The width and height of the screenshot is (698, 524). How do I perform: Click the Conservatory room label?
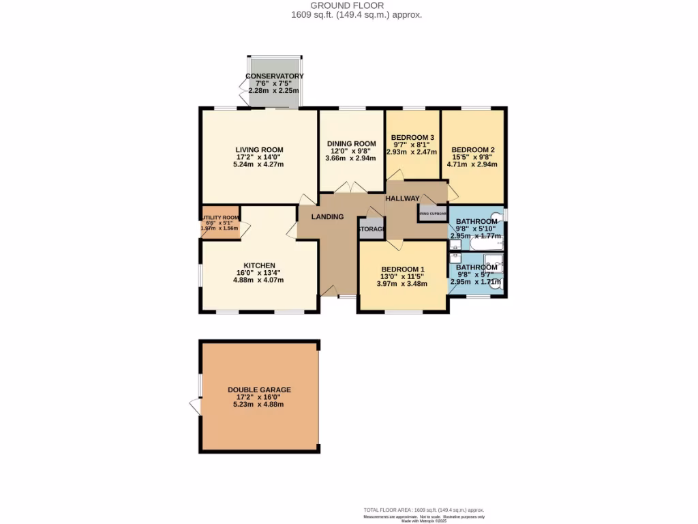(274, 76)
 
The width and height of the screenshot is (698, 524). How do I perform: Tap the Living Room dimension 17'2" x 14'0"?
(259, 157)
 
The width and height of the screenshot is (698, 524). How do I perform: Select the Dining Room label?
(351, 143)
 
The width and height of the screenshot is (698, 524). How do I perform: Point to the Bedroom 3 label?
(412, 137)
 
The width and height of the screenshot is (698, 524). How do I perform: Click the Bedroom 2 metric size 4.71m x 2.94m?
(472, 164)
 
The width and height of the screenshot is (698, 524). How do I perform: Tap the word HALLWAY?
(402, 198)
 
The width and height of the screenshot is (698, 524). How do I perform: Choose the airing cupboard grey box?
(432, 214)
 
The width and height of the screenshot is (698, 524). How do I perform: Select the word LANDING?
(327, 217)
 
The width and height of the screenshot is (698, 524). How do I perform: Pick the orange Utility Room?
(219, 222)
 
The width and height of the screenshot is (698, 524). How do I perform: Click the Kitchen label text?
(259, 265)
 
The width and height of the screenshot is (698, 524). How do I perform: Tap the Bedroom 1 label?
(403, 269)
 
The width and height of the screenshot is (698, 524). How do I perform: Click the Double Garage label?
(259, 390)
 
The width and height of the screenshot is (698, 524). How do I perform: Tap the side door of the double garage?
(195, 407)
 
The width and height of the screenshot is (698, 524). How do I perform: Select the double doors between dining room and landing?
(353, 188)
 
